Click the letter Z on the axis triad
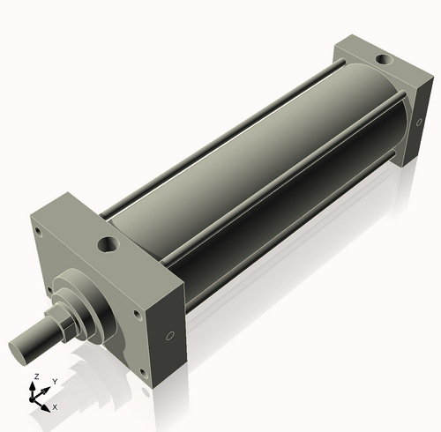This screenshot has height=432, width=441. click(x=35, y=377)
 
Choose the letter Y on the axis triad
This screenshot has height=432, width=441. click(x=54, y=382)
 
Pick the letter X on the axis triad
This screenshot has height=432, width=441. click(x=55, y=407)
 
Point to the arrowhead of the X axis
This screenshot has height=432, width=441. click(x=48, y=406)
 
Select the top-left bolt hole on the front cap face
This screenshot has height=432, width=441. click(x=40, y=234)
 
